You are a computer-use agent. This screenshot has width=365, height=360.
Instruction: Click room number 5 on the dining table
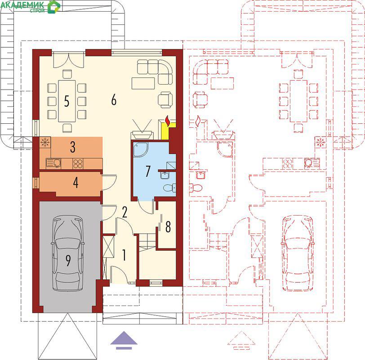point(67,101)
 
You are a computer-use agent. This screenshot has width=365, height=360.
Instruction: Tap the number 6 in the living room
point(114,100)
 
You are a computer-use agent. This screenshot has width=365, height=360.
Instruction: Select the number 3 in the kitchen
point(73,147)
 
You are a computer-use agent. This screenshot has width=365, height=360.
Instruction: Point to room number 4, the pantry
point(76,182)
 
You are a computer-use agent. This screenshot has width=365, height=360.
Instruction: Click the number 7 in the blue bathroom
point(148,171)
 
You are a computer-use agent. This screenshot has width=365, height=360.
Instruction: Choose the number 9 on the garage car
point(68,260)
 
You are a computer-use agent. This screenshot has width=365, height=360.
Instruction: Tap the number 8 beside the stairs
point(168,226)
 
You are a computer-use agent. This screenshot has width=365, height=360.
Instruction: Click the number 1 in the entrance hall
point(125,255)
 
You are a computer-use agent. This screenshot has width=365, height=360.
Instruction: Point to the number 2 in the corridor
point(125,212)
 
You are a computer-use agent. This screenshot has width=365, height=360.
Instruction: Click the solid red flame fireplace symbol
point(168,121)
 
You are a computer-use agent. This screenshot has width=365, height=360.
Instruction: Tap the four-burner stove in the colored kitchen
point(78,163)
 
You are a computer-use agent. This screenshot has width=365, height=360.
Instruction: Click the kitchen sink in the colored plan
point(53,163)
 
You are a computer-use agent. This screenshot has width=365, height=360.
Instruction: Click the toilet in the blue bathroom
point(170,188)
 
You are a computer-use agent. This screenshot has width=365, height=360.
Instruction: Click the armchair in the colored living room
point(165,100)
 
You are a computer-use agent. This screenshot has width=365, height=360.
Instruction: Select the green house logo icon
point(54,7)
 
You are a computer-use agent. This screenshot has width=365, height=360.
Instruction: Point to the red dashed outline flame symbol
point(198,121)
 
